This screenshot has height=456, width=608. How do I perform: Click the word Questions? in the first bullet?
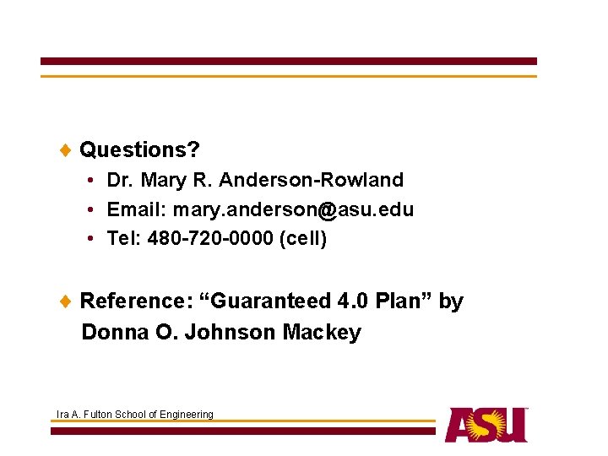[139, 150]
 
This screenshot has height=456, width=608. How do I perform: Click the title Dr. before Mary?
[121, 180]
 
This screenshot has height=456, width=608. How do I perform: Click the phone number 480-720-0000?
[210, 239]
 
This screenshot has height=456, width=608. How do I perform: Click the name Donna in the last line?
[116, 332]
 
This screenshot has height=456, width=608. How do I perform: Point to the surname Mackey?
[322, 332]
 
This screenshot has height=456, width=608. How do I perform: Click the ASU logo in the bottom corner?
[486, 425]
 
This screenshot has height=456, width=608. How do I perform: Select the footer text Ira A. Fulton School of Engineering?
[134, 414]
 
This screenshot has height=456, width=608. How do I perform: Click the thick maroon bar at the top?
[288, 62]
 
